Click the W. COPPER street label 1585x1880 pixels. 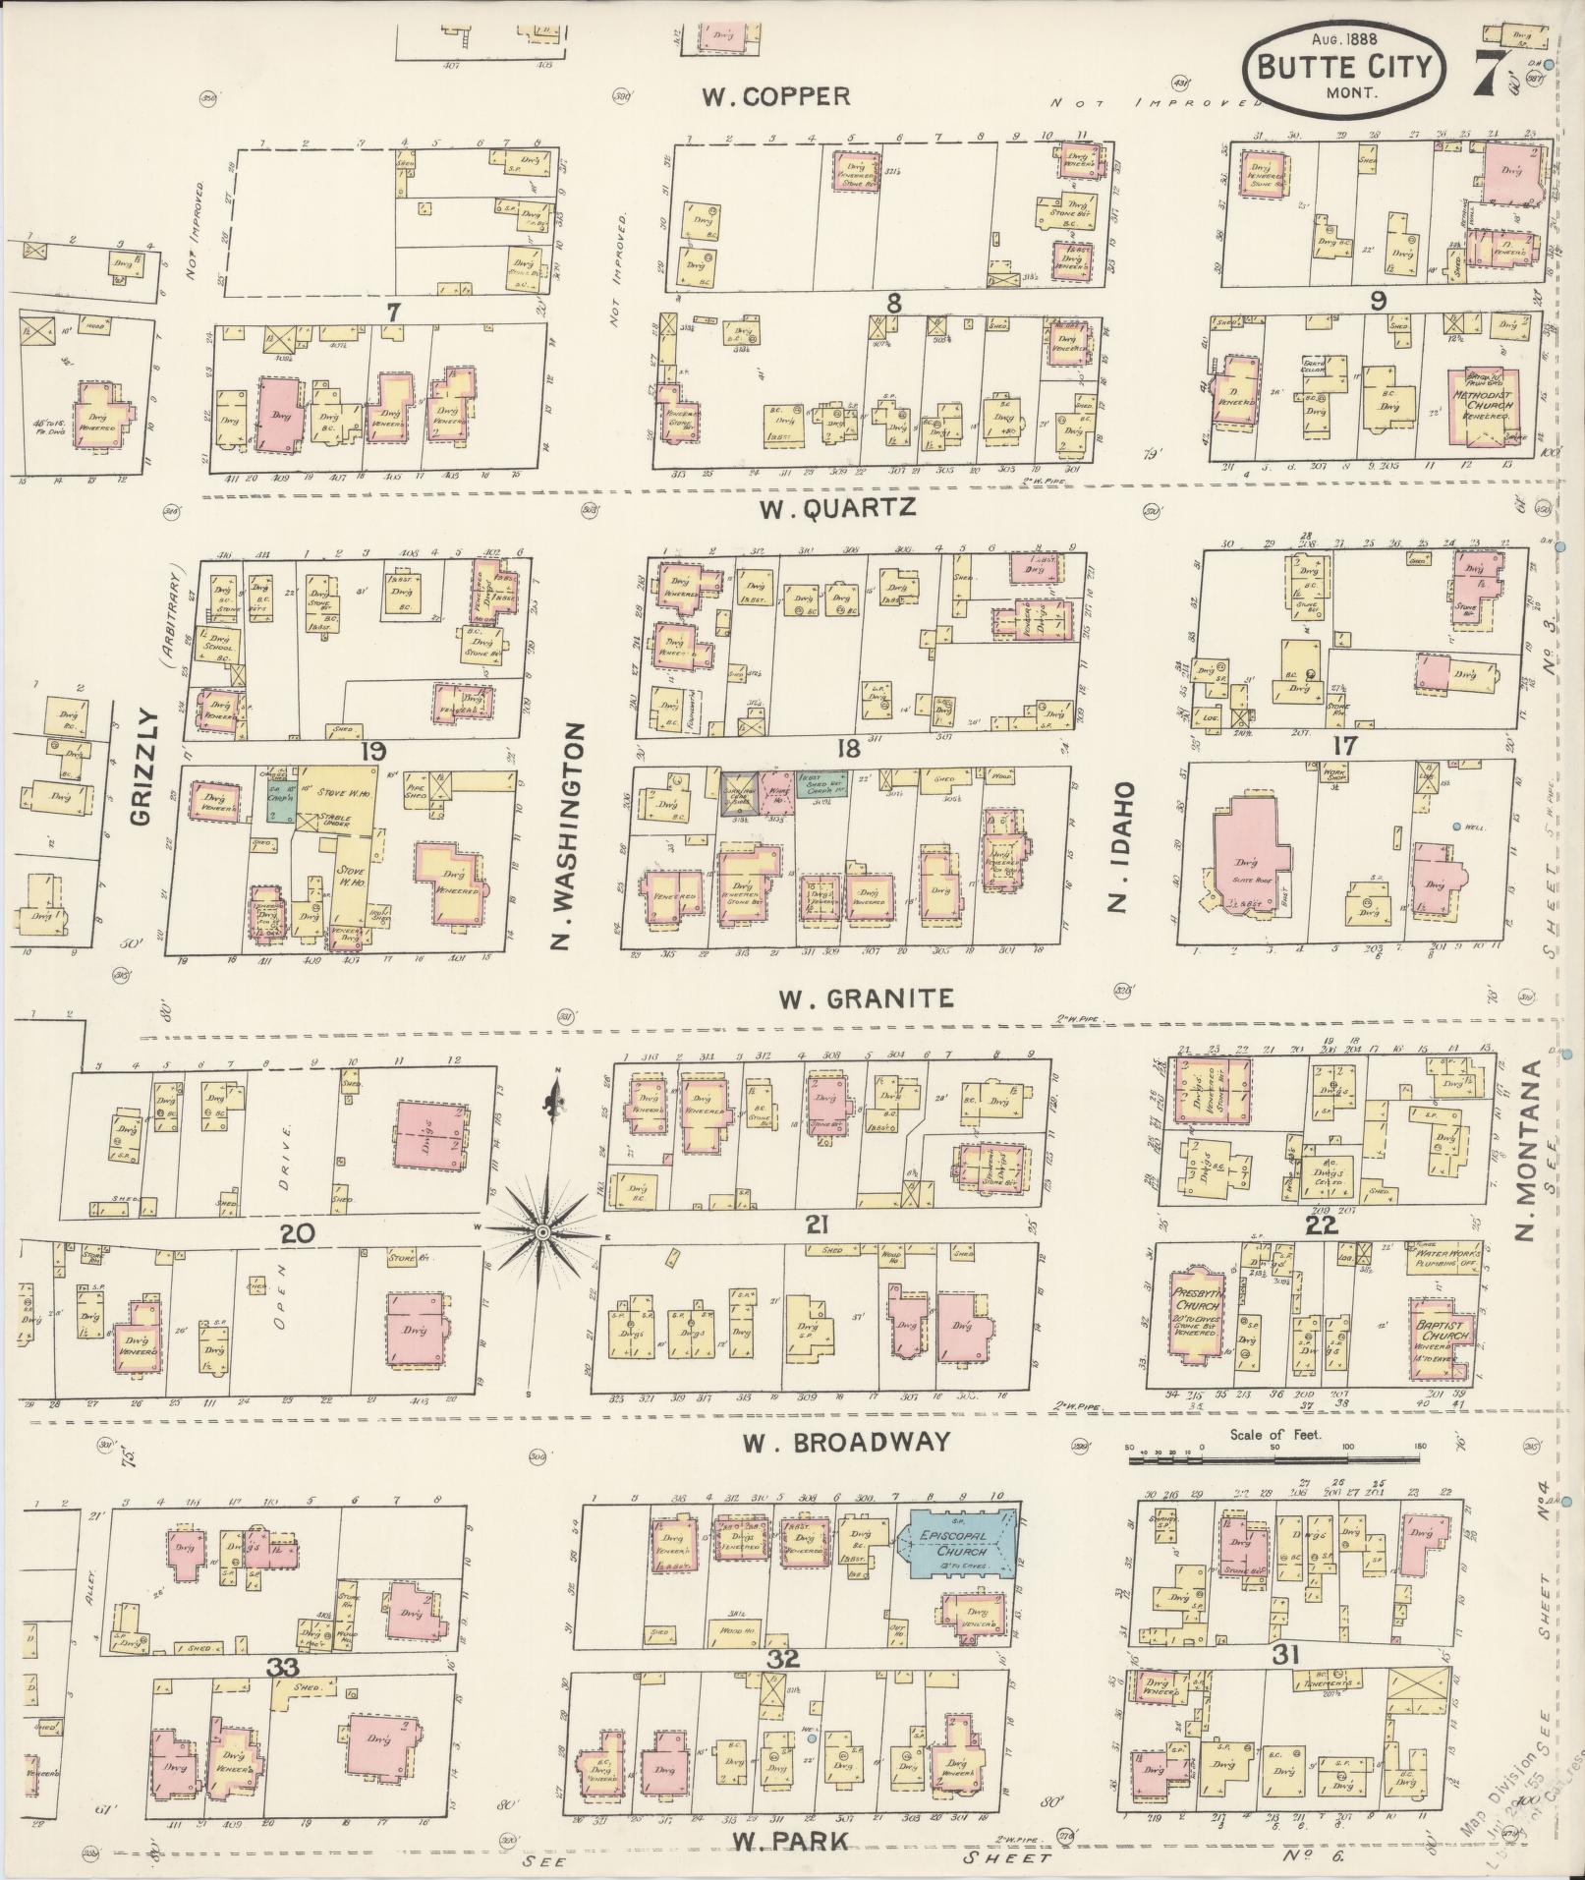pos(775,96)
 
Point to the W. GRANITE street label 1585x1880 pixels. pos(866,998)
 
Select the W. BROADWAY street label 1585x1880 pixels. pos(846,1441)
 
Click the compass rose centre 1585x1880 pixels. pos(541,1230)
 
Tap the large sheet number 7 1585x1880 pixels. pos(1488,73)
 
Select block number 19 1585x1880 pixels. pos(372,752)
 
